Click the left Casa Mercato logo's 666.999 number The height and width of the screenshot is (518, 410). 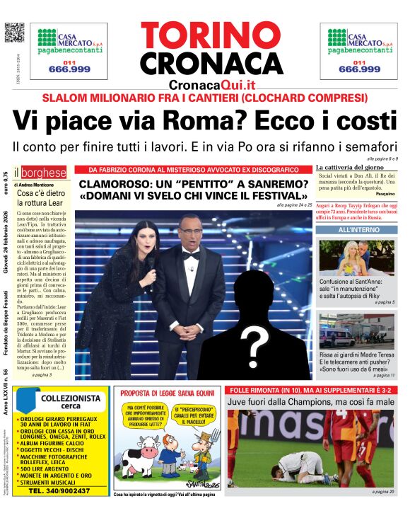69,69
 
